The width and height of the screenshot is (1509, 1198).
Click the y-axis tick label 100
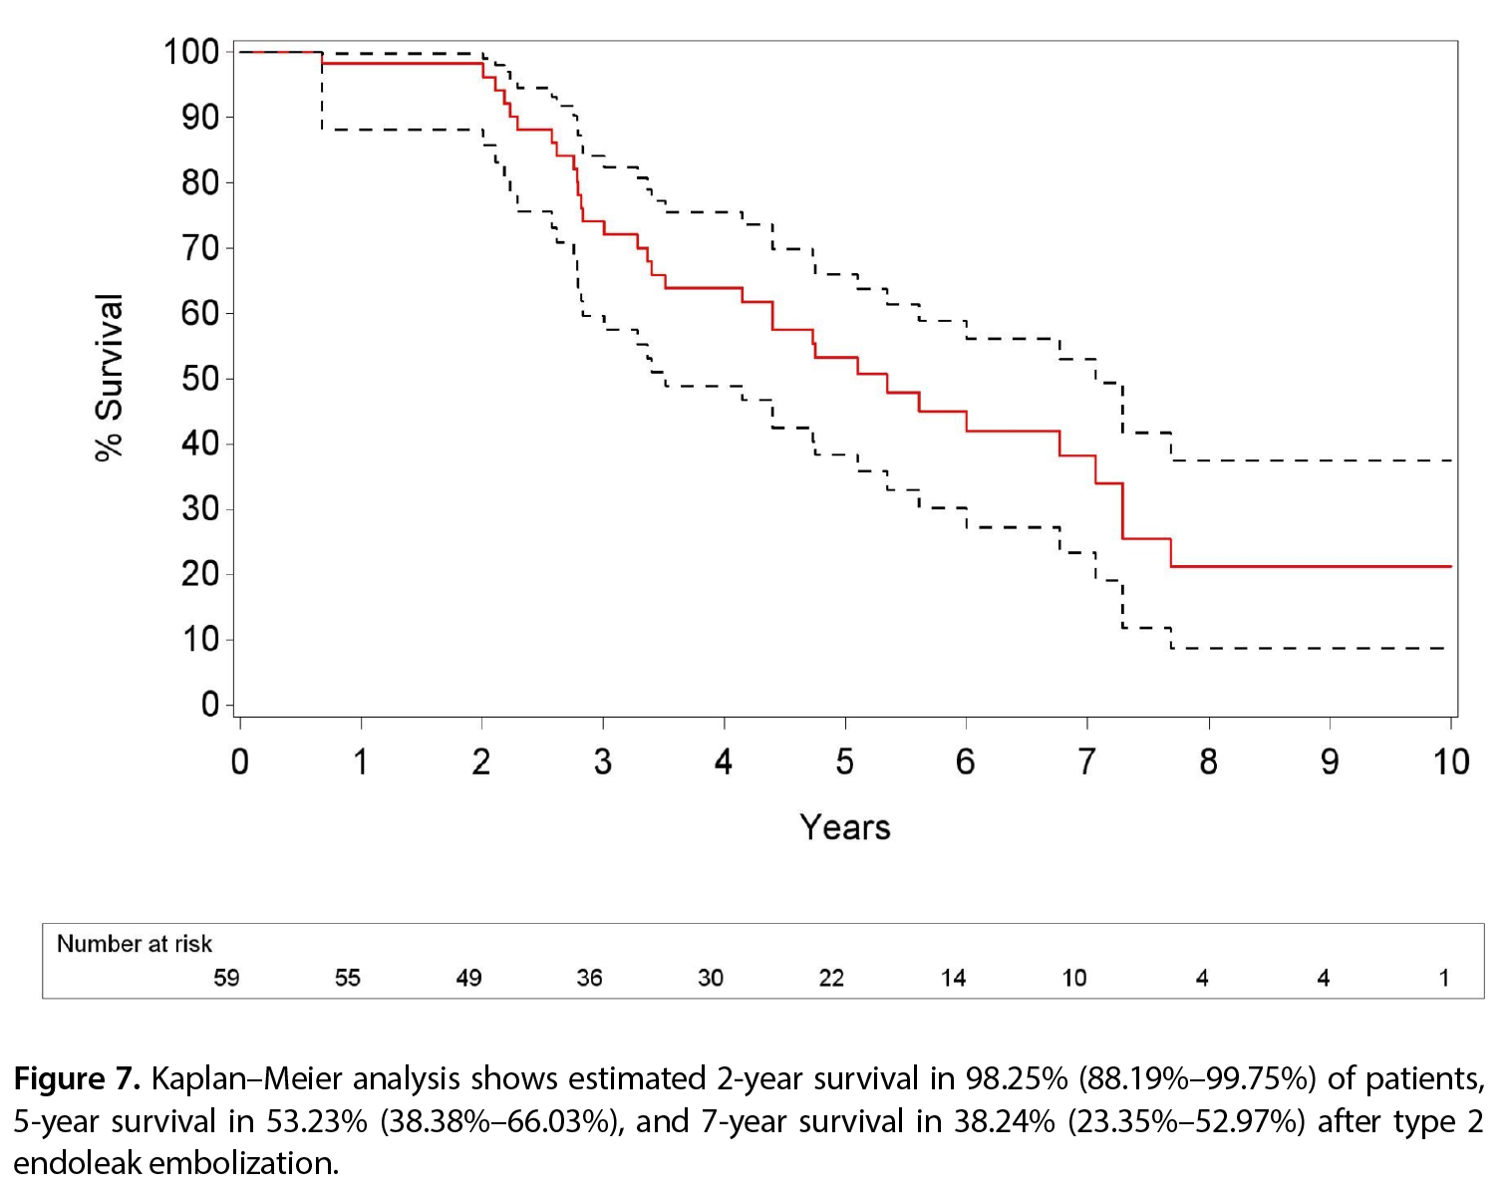click(190, 52)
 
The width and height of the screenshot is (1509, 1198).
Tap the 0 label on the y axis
click(209, 705)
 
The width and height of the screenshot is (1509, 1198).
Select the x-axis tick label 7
click(1086, 761)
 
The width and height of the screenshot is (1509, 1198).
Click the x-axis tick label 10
click(1451, 761)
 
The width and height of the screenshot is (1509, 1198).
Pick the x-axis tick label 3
click(602, 761)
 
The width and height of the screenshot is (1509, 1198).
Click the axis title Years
click(845, 827)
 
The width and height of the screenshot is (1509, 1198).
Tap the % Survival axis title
click(110, 378)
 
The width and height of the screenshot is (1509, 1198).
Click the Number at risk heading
click(134, 944)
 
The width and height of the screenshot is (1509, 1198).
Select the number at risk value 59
click(226, 978)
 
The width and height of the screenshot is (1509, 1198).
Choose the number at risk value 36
click(590, 978)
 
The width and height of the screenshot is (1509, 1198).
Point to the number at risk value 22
click(831, 978)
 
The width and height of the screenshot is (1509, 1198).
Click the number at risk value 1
click(1444, 978)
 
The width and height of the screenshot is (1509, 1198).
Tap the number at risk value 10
click(1074, 978)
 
